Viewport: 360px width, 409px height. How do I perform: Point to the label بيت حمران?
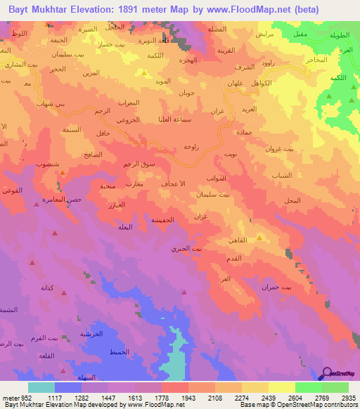click(x=296, y=287)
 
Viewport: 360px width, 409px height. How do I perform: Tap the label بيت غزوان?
click(x=280, y=149)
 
